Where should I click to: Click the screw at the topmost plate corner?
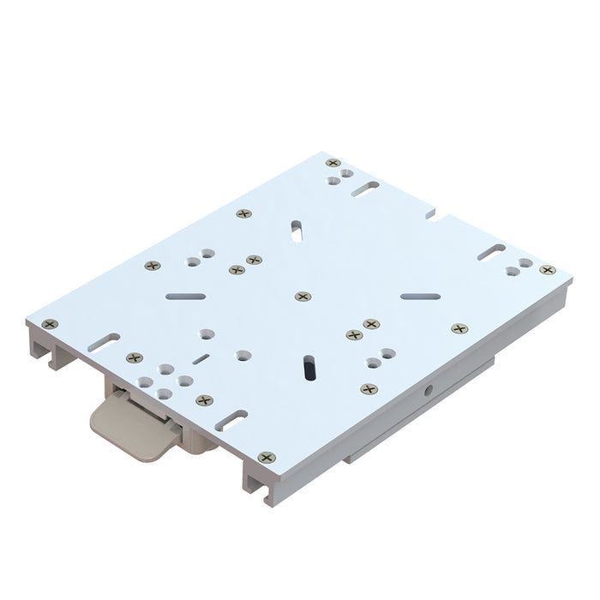point(333,163)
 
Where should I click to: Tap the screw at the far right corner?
point(547,270)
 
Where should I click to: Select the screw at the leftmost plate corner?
point(50,324)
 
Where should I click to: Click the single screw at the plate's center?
point(303,296)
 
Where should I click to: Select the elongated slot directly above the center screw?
point(297,230)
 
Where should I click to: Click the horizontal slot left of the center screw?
point(186,296)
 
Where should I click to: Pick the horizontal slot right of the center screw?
point(420,297)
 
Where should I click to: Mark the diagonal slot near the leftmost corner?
point(104,341)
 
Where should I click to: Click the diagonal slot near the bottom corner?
point(231,419)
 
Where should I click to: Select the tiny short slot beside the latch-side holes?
point(201,359)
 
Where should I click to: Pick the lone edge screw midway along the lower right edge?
point(459,328)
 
